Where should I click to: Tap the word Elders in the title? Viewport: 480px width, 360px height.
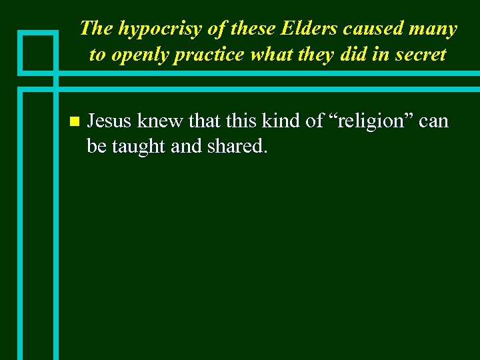[x=303, y=29]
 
